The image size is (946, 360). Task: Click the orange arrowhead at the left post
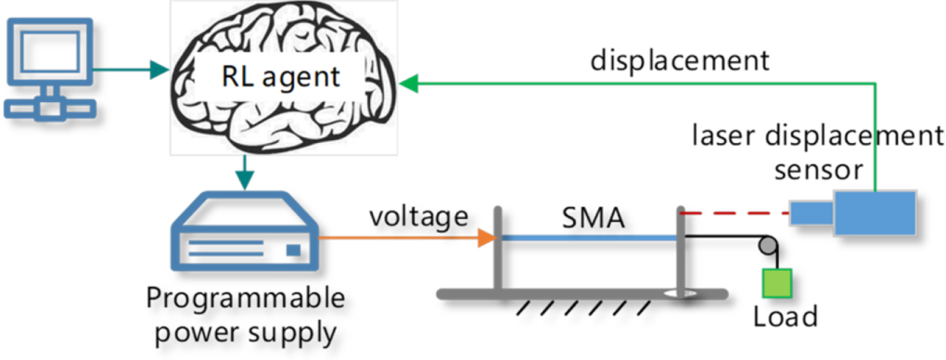[x=483, y=239]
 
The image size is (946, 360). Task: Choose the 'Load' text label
[x=786, y=316]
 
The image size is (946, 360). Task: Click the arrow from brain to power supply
[x=244, y=171]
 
